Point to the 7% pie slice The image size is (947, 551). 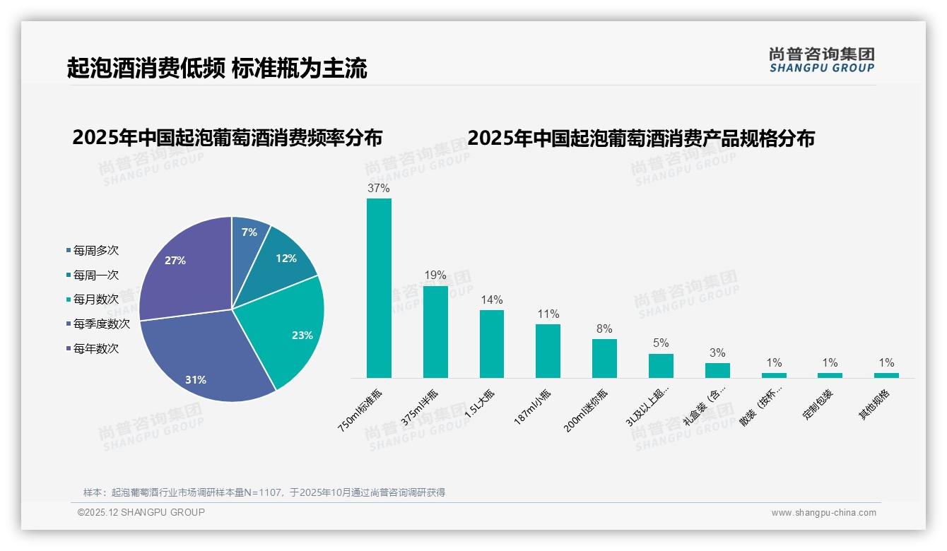coord(249,233)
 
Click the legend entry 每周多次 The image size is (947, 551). coord(95,251)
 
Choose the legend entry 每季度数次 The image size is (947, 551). coord(101,324)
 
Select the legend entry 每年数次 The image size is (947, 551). coord(95,349)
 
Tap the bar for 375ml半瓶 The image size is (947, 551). coord(435,332)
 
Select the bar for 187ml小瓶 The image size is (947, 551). coord(548,351)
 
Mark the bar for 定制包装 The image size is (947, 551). coord(830,375)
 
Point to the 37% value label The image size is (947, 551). coord(379,189)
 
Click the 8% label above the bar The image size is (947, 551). coord(604,329)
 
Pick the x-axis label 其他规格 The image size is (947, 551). coord(875,405)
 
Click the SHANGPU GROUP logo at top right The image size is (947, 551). coord(821,60)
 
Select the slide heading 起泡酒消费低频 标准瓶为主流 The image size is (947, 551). coord(217,68)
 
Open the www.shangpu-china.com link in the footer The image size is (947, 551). coord(823,513)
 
